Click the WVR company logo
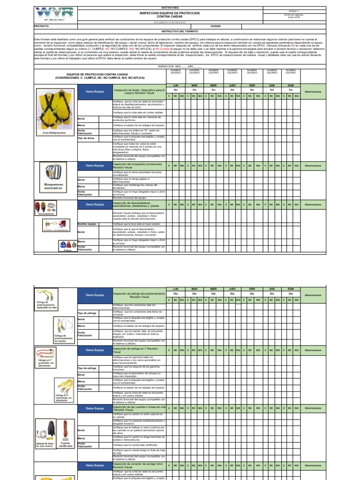48,13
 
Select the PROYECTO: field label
42,27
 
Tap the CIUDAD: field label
216,27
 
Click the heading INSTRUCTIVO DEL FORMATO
180,31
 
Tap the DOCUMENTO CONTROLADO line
180,22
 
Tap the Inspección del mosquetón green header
139,165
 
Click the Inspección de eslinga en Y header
139,350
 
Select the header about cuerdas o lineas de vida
139,408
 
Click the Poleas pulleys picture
67,244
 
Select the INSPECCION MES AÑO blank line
180,67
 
